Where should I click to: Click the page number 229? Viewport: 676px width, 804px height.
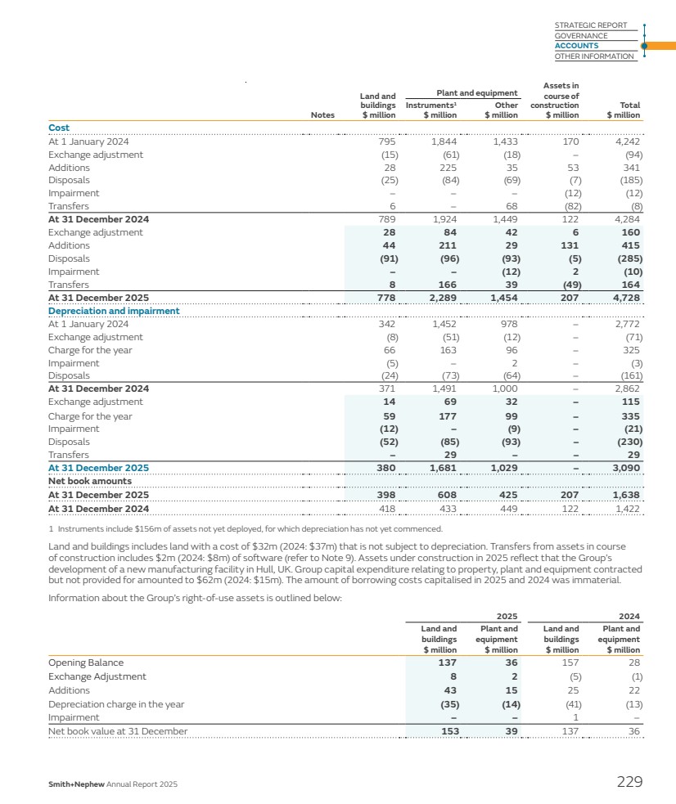point(629,783)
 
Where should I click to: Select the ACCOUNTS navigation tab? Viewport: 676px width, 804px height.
point(576,46)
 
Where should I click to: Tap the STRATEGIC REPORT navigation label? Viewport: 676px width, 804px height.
point(590,25)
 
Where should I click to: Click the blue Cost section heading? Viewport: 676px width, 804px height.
point(59,128)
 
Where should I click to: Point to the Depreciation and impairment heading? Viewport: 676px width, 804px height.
point(114,311)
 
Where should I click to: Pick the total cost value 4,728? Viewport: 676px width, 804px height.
point(624,298)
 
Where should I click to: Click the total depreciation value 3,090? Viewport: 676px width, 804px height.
point(624,468)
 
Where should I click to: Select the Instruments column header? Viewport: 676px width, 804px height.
point(431,106)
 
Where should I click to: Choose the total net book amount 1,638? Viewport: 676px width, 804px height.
point(624,495)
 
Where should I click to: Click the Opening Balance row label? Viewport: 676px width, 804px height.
point(86,663)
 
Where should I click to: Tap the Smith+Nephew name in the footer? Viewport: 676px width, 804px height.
point(78,784)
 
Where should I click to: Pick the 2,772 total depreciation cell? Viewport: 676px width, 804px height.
point(624,324)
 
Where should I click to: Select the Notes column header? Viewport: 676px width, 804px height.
point(322,115)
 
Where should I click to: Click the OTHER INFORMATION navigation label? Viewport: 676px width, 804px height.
point(594,56)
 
